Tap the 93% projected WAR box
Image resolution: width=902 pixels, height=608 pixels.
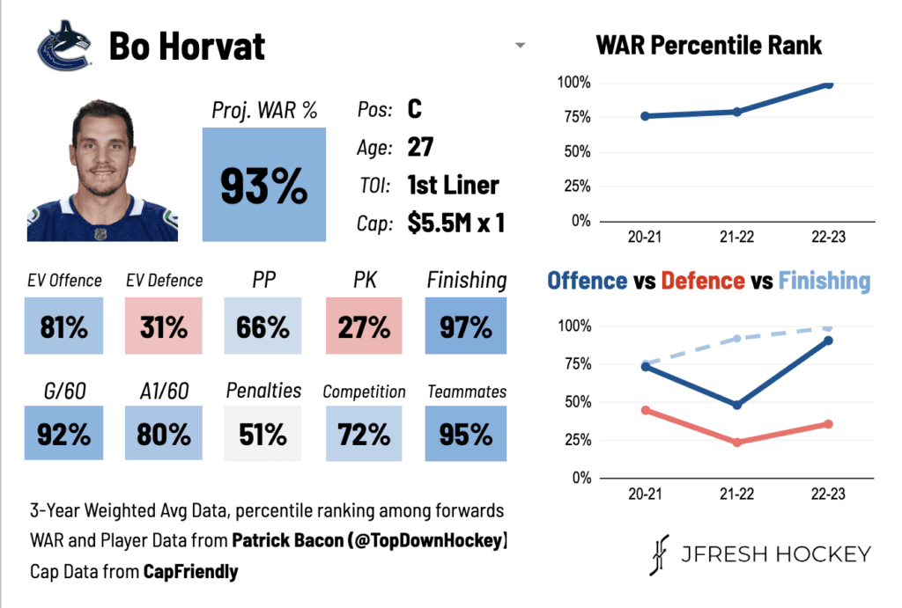[264, 184]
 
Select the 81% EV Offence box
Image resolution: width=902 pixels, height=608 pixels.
[64, 327]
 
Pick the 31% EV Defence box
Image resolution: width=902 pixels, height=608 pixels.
[163, 327]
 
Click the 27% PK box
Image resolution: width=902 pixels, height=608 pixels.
[365, 327]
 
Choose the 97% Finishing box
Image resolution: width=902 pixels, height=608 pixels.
[466, 327]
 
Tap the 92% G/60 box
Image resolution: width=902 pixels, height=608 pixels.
[64, 434]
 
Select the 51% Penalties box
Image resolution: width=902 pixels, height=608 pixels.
[263, 434]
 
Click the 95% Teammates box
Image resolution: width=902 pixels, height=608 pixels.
[466, 434]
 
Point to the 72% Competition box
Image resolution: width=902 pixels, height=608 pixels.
[365, 434]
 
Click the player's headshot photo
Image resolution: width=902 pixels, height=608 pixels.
[102, 171]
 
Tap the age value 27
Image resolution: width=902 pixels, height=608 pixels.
[420, 147]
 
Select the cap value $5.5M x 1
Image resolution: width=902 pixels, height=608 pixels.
[455, 223]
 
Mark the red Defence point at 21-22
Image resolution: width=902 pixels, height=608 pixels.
[736, 443]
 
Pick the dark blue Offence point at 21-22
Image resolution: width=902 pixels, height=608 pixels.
[736, 405]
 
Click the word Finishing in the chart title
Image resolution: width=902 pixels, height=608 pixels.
[824, 281]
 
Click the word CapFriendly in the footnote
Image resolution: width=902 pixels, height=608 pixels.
[190, 572]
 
